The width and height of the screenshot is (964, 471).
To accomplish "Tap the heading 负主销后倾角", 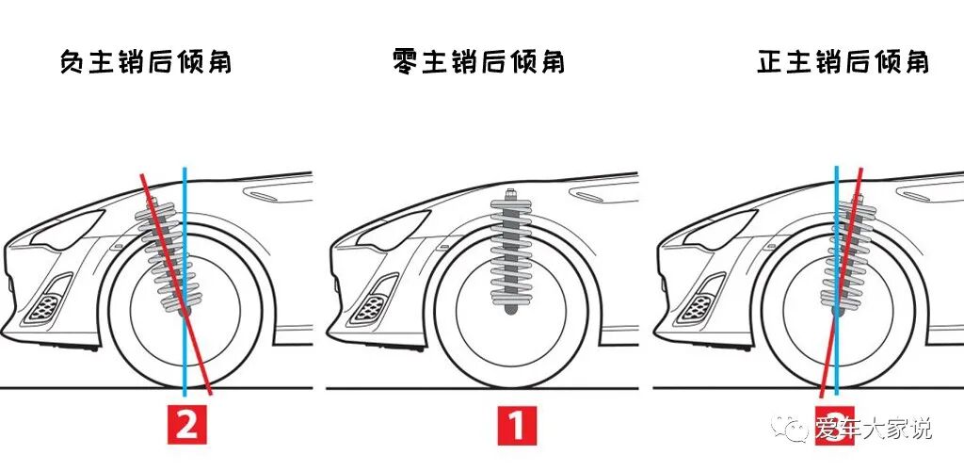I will click(x=145, y=63).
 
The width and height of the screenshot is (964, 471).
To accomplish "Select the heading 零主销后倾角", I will click(x=478, y=63).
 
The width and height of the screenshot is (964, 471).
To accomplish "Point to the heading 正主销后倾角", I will click(x=843, y=63).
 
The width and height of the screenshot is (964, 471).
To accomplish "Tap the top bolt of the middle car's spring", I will click(x=510, y=194).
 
